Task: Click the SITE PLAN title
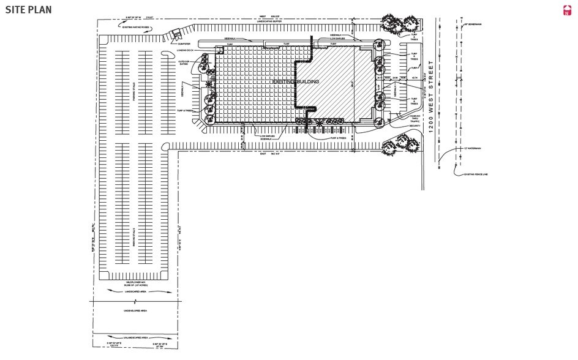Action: point(28,9)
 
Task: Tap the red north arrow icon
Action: point(566,10)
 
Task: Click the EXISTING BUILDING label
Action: point(296,81)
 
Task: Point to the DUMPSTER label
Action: point(185,44)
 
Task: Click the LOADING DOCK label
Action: point(185,51)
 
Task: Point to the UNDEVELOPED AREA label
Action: point(130,310)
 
